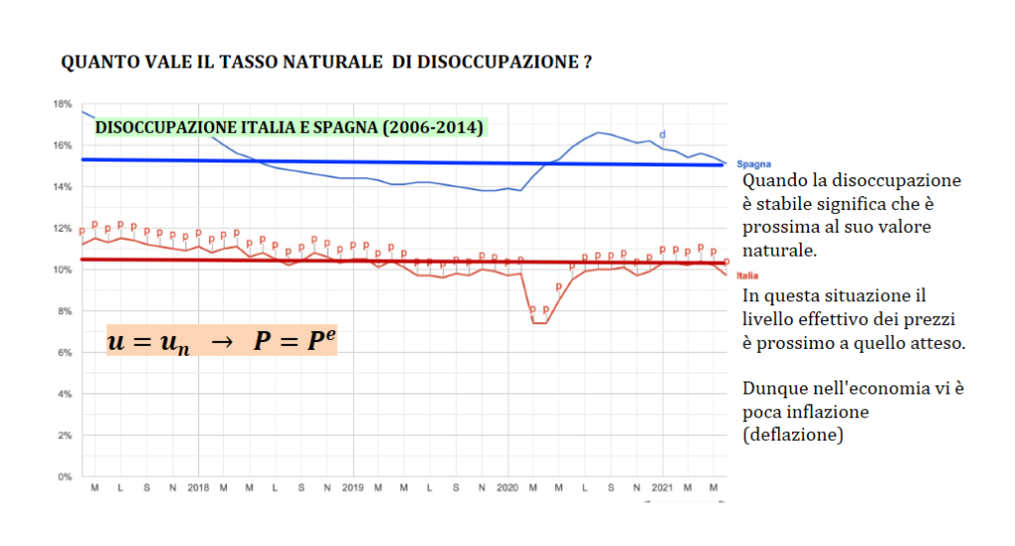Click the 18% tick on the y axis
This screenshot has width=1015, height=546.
point(62,104)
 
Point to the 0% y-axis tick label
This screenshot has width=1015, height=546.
point(64,477)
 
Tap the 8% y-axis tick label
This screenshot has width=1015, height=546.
point(64,311)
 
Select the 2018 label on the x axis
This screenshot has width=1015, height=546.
point(198,489)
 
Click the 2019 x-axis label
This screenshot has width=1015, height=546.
point(353,489)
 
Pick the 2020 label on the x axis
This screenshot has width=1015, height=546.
point(507,489)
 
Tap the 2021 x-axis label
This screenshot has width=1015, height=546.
point(661,489)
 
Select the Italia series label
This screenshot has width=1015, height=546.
point(746,275)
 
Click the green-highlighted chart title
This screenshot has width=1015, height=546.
point(287,128)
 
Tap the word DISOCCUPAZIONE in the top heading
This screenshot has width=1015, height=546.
point(497,61)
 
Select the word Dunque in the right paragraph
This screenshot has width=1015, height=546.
point(771,388)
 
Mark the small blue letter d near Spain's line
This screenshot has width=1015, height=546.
point(662,134)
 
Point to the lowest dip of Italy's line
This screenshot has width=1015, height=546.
point(539,323)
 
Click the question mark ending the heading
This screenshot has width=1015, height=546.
point(588,61)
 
